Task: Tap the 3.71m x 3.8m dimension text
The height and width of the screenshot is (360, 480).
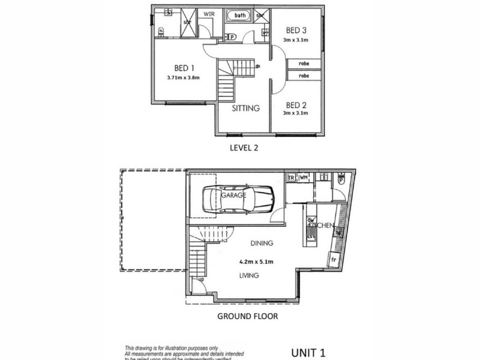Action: click(184, 77)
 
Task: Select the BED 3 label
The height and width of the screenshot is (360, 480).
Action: click(297, 31)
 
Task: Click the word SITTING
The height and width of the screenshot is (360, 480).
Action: click(245, 109)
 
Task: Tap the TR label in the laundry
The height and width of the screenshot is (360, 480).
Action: click(291, 178)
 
